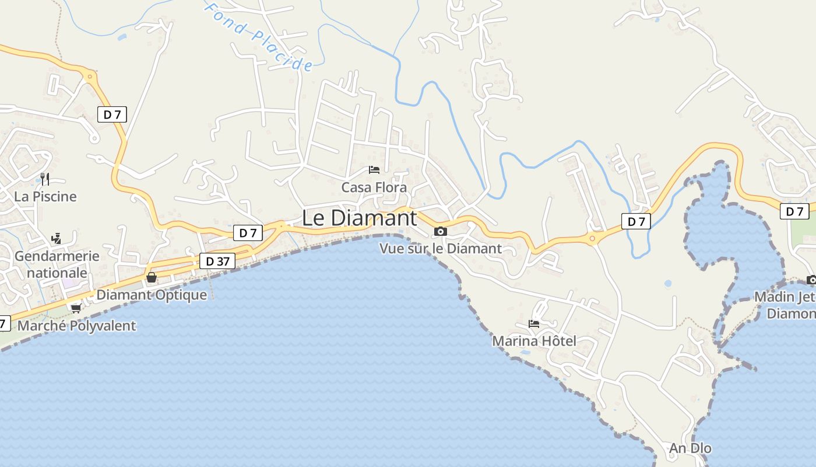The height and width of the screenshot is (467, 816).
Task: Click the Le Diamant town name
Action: [x=359, y=218]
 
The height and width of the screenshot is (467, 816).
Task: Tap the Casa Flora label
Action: [x=374, y=187]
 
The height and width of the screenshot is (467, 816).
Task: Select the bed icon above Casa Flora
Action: [x=374, y=170]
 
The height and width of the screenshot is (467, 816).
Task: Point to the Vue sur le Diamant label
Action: [x=440, y=248]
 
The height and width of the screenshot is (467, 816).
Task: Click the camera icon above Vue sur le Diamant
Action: [x=441, y=232]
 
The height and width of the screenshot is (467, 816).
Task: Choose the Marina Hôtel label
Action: [x=534, y=341]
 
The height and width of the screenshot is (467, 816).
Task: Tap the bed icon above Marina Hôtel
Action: [x=534, y=323]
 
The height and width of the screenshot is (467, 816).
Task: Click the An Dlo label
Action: [x=690, y=448]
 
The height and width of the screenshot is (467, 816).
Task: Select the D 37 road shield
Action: [x=218, y=262]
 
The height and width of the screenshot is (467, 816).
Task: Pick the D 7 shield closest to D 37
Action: [x=248, y=233]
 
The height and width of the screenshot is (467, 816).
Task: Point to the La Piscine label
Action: [x=45, y=196]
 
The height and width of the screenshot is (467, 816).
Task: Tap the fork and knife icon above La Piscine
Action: [x=45, y=179]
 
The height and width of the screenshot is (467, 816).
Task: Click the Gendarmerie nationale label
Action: [x=57, y=264]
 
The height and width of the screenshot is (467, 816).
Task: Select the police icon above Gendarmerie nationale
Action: [x=56, y=238]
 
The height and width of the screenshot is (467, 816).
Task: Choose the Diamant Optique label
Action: [x=152, y=295]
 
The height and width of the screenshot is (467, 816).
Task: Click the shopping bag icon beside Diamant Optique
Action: [x=152, y=277]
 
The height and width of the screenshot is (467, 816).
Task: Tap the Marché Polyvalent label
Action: [x=76, y=326]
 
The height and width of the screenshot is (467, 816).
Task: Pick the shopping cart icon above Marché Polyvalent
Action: [x=76, y=308]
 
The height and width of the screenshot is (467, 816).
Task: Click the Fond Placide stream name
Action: [x=259, y=36]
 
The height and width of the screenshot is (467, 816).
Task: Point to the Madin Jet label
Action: [x=785, y=297]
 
